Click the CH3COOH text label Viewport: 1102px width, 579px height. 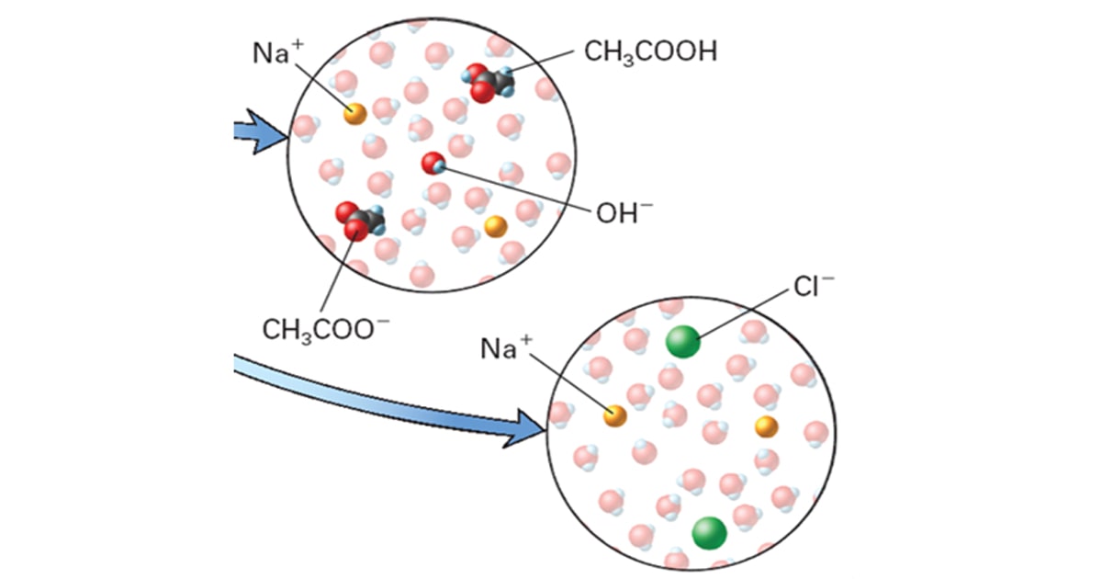click(x=650, y=52)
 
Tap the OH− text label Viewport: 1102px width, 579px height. click(x=624, y=212)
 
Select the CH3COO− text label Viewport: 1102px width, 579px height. click(x=326, y=329)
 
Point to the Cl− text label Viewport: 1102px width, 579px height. click(x=814, y=286)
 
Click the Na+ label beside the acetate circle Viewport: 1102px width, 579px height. click(x=278, y=52)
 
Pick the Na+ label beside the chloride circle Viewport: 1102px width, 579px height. click(x=506, y=347)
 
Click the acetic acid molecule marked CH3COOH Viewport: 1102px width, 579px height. click(x=488, y=83)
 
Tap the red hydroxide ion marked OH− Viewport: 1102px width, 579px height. click(x=433, y=164)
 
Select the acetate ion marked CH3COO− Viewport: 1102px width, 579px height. click(x=360, y=221)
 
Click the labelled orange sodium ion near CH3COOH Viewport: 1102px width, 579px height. click(x=354, y=114)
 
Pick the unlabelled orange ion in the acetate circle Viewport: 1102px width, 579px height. click(x=495, y=226)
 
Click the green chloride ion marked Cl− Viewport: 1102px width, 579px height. click(x=683, y=341)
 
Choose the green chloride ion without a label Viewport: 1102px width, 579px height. click(x=709, y=533)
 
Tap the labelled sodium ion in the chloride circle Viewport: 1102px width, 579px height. click(x=615, y=415)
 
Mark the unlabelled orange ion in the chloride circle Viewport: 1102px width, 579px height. click(x=767, y=426)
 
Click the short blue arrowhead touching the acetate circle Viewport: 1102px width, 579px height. click(x=265, y=132)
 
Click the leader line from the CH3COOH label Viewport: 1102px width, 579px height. click(x=540, y=62)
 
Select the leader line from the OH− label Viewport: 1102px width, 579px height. click(x=515, y=189)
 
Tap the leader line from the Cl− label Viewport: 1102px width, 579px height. click(x=743, y=313)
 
